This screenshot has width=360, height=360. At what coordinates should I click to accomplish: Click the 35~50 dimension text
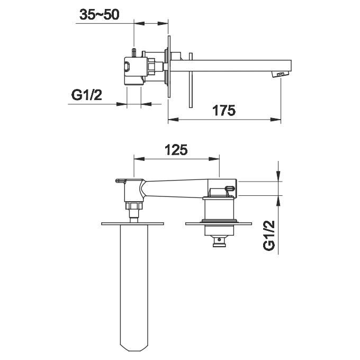tap(99, 15)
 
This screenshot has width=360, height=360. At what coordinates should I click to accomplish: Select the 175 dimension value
tap(224, 110)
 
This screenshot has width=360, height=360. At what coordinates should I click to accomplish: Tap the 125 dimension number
tap(176, 150)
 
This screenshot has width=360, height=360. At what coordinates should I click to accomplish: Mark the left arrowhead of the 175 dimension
tap(171, 119)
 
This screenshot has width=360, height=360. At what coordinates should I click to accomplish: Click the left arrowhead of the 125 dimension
tap(137, 158)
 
